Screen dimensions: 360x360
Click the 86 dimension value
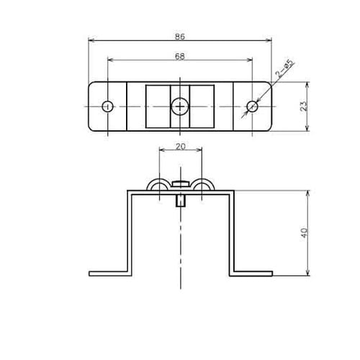180,37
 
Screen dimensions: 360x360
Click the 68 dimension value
180,56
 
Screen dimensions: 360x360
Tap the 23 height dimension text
304,106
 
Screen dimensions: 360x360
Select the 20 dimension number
181,146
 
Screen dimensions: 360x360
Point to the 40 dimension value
304,233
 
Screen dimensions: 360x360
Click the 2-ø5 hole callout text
284,69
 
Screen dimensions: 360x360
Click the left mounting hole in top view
108,107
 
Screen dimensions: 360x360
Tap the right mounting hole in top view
252,107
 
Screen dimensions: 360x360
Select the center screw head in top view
180,107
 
